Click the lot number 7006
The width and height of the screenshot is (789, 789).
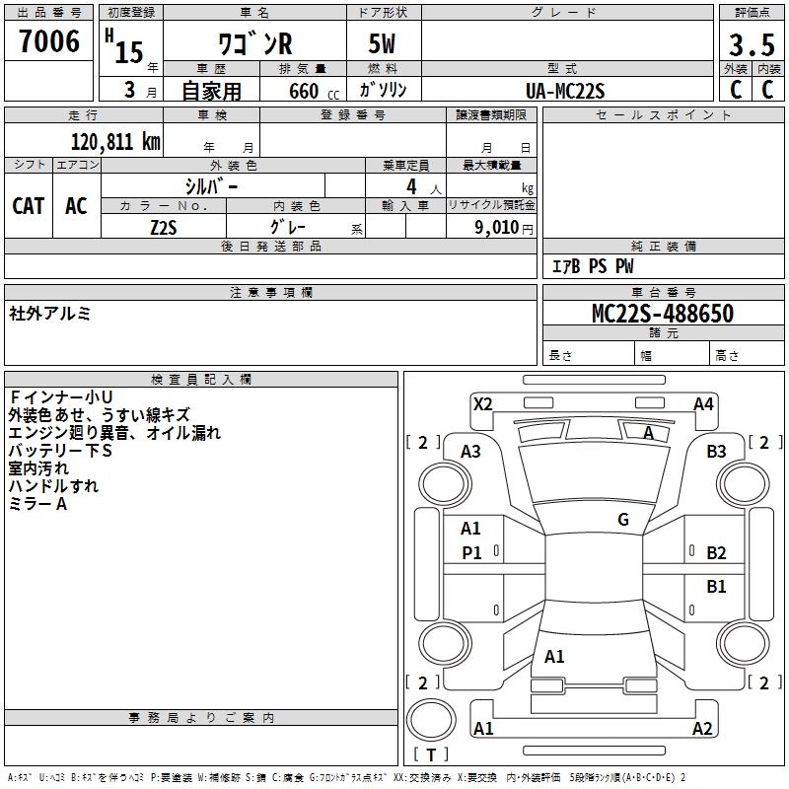click(x=49, y=41)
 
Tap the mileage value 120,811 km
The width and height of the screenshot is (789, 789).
click(x=115, y=141)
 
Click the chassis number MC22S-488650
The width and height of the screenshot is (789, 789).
click(x=662, y=314)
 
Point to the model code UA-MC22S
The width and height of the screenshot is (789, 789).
click(x=565, y=90)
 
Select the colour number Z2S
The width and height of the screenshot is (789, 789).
click(x=164, y=226)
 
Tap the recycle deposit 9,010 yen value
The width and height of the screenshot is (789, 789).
click(x=506, y=227)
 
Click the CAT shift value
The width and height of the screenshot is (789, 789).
click(x=28, y=205)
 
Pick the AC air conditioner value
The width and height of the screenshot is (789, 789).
click(x=76, y=205)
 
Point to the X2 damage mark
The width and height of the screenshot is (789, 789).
click(x=482, y=404)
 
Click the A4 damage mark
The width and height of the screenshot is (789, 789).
click(x=703, y=404)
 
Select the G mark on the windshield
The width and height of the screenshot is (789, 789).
click(x=623, y=520)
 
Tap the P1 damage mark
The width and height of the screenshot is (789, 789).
click(x=471, y=553)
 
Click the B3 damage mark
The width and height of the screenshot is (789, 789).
click(x=716, y=452)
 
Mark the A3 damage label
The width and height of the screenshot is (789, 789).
click(x=470, y=452)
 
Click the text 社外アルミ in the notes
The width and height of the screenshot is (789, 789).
click(x=50, y=314)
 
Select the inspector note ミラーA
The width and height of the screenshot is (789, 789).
click(x=37, y=504)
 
